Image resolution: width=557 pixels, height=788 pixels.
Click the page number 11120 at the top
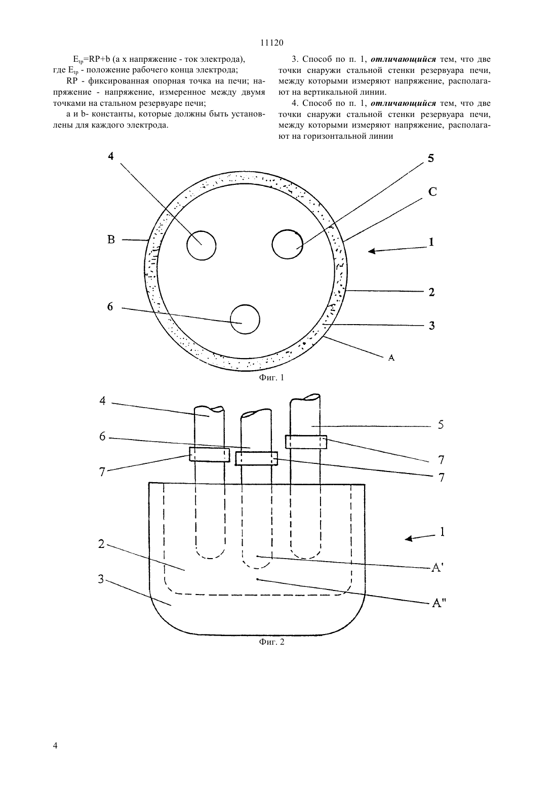point(272,43)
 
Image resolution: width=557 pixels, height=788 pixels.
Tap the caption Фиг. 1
point(271,377)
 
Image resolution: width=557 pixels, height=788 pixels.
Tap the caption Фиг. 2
point(271,642)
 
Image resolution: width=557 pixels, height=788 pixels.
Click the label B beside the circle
point(111,240)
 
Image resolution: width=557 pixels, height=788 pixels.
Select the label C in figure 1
point(432,192)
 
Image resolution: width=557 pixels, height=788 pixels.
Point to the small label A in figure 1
point(391,358)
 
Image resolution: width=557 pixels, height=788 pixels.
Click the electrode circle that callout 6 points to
point(245,320)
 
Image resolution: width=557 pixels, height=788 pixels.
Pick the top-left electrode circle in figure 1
point(201,246)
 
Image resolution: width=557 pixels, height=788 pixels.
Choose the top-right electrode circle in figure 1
point(287,244)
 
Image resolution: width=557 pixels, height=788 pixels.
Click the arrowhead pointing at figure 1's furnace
point(372,251)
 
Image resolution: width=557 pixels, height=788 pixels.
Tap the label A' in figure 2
point(436,567)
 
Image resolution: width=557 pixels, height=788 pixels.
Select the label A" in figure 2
point(438,603)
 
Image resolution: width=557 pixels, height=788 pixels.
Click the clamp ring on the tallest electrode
point(306,442)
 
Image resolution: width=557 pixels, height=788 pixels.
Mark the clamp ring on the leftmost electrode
point(210,454)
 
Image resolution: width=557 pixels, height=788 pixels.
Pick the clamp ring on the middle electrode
point(256,458)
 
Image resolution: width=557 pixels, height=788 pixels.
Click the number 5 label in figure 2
point(441,424)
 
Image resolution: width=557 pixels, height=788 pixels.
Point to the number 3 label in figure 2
point(101,579)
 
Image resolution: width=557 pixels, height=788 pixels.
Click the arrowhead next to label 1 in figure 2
point(409,538)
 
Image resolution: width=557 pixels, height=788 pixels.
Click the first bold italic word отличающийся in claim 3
point(403,59)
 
